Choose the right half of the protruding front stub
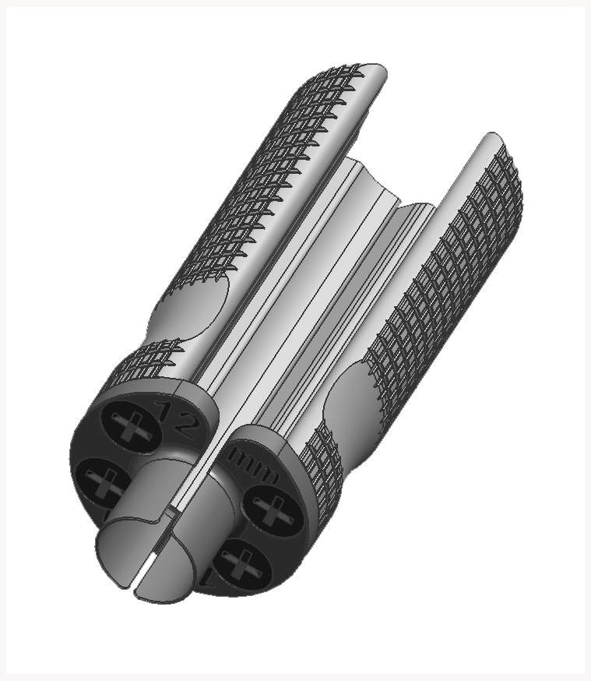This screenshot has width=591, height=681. (187, 569)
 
